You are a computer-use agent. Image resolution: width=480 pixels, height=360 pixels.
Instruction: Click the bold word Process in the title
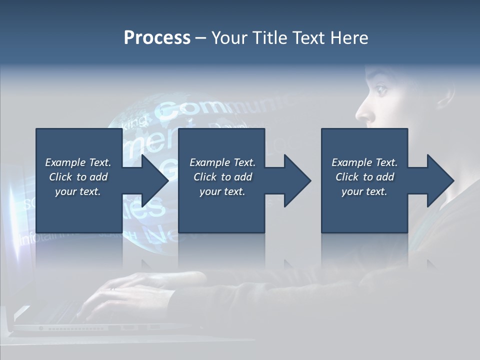[x=157, y=38]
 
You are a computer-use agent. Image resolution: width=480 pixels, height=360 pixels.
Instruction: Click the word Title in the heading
[x=269, y=38]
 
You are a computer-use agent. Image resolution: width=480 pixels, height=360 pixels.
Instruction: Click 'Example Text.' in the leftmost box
[x=78, y=162]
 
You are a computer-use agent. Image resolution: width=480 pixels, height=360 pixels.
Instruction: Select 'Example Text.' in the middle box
[x=222, y=162]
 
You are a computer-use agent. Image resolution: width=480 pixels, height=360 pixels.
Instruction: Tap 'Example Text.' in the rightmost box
[x=364, y=162]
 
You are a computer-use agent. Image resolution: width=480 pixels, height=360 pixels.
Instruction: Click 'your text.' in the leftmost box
[x=78, y=191]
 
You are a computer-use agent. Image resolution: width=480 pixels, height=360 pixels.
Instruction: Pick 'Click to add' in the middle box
[x=222, y=177]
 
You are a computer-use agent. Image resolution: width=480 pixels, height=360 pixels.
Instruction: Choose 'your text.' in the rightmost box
[x=364, y=191]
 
